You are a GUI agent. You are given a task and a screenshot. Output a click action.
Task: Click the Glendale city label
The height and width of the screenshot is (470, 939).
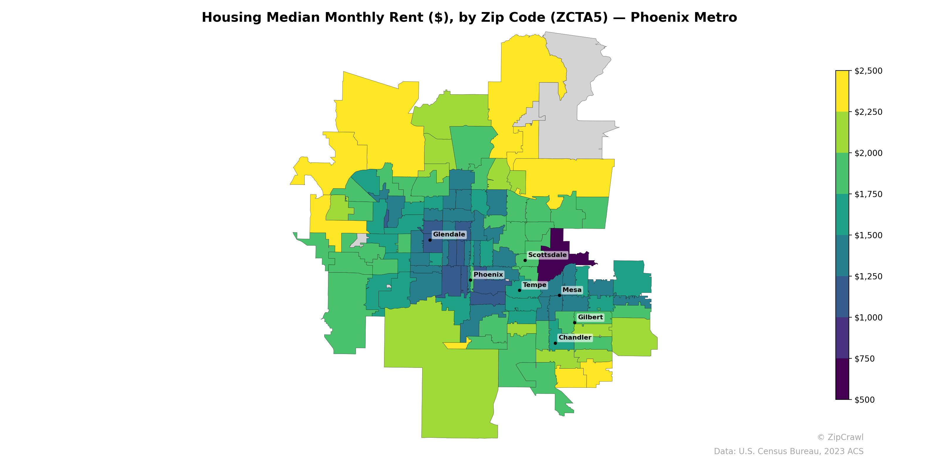tap(449, 234)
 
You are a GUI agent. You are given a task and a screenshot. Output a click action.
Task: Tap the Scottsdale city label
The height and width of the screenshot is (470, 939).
tap(547, 255)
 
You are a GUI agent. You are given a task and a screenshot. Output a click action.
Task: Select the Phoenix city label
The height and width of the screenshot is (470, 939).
tap(488, 274)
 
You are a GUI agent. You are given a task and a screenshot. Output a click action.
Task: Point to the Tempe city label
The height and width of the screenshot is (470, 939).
tap(534, 285)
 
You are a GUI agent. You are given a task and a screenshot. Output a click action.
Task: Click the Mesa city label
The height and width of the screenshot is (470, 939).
tap(572, 290)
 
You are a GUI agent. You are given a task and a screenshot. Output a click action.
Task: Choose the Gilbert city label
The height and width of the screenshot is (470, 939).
tap(590, 317)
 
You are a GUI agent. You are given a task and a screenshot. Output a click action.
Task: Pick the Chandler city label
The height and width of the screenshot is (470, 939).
tap(575, 337)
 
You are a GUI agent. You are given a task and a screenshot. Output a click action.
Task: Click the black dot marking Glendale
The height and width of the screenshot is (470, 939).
tap(430, 240)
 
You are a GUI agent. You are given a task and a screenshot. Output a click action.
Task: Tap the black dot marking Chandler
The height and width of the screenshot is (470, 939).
tap(555, 343)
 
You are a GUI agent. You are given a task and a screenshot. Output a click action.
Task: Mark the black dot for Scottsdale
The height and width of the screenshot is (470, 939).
tap(525, 260)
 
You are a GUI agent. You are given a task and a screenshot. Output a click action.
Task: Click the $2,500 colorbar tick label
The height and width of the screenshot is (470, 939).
tap(868, 71)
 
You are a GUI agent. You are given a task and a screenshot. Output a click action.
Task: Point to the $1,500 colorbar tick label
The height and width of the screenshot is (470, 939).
tap(868, 235)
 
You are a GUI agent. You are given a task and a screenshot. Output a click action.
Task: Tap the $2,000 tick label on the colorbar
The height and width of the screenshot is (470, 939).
tap(868, 153)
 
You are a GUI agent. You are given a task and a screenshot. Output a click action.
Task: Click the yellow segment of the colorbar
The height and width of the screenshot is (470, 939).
tap(842, 91)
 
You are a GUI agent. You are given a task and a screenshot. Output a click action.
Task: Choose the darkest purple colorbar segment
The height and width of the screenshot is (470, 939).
tap(842, 379)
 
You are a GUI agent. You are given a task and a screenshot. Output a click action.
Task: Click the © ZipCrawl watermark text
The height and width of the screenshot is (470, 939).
tap(840, 437)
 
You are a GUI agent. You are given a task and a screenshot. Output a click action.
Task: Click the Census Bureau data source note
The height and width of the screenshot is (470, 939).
tap(788, 451)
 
